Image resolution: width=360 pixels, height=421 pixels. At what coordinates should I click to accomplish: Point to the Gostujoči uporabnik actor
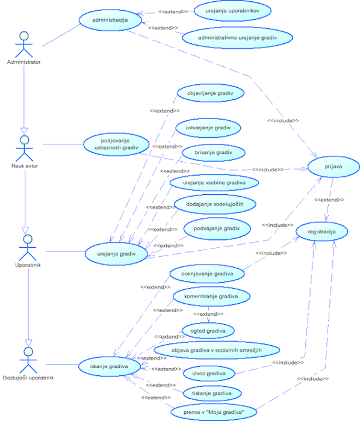click(26, 358)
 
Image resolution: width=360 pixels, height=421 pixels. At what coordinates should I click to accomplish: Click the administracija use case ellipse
click(111, 20)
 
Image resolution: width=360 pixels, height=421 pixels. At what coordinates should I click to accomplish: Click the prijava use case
click(329, 168)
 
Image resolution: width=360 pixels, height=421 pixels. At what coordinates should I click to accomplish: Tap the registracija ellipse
click(321, 231)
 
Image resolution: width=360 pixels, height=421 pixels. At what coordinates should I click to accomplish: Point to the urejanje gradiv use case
click(119, 254)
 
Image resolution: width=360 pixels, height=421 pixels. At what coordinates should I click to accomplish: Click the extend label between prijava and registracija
click(329, 200)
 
